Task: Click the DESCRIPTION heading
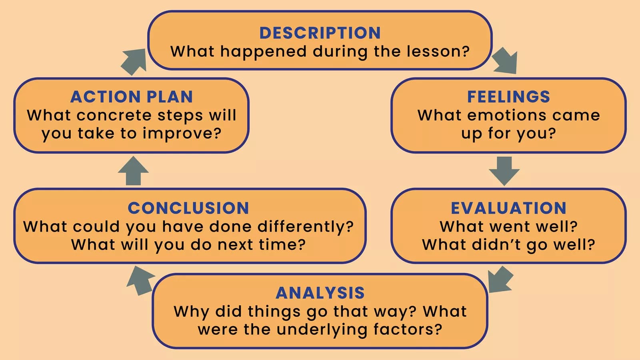click(x=320, y=33)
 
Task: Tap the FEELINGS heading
click(x=508, y=96)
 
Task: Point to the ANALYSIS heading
click(x=320, y=293)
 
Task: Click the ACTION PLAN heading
click(x=132, y=96)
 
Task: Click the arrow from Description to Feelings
click(x=505, y=60)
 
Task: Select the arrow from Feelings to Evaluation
click(x=504, y=171)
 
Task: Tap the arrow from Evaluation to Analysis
click(x=500, y=280)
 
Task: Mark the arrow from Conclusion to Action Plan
click(x=133, y=170)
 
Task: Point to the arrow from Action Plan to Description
click(x=134, y=62)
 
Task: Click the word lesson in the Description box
click(x=438, y=52)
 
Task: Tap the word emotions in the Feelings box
click(x=507, y=116)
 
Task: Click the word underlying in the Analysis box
click(x=322, y=330)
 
